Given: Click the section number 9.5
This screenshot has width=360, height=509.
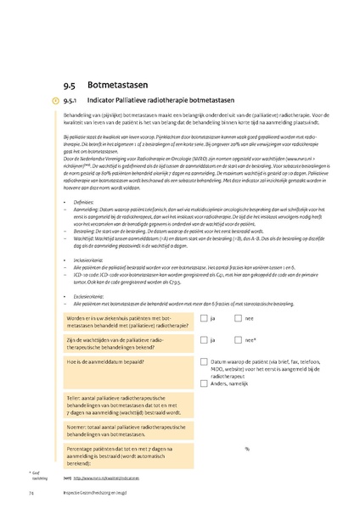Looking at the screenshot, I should tap(69, 85).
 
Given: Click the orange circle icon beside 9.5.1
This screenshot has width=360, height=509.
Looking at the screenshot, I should tap(56, 101).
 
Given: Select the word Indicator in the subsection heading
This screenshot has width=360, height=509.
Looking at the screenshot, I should tap(110, 101).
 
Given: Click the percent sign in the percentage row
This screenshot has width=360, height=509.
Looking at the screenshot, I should tap(247, 449).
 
